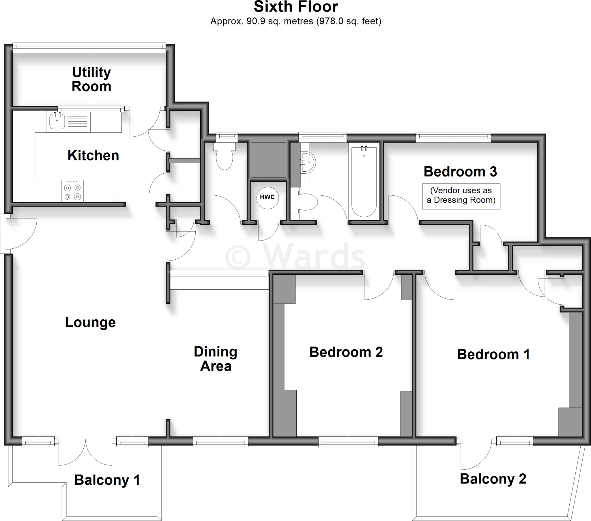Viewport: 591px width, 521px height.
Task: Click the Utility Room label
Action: [91, 79]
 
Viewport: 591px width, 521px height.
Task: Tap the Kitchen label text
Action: [93, 155]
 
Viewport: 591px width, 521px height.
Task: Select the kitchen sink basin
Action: [57, 121]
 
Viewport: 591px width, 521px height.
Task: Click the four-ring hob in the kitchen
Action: [72, 191]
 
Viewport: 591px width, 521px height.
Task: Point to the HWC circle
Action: [268, 198]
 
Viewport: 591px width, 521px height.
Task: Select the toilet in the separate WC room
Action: [225, 158]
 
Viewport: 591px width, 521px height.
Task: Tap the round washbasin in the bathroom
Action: [308, 162]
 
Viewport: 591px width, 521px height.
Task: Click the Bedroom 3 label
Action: [460, 172]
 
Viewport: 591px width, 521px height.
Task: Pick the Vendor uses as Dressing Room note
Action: [461, 196]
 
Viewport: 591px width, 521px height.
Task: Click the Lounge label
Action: [90, 322]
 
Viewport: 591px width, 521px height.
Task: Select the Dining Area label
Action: [216, 359]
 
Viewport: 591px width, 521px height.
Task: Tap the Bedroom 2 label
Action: [346, 352]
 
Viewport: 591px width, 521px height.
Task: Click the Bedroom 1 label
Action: [493, 355]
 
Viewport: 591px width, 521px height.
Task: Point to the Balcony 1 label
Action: [107, 480]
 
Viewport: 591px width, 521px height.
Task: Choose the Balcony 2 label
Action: [493, 479]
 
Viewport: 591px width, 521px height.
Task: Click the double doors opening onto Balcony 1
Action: [85, 452]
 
